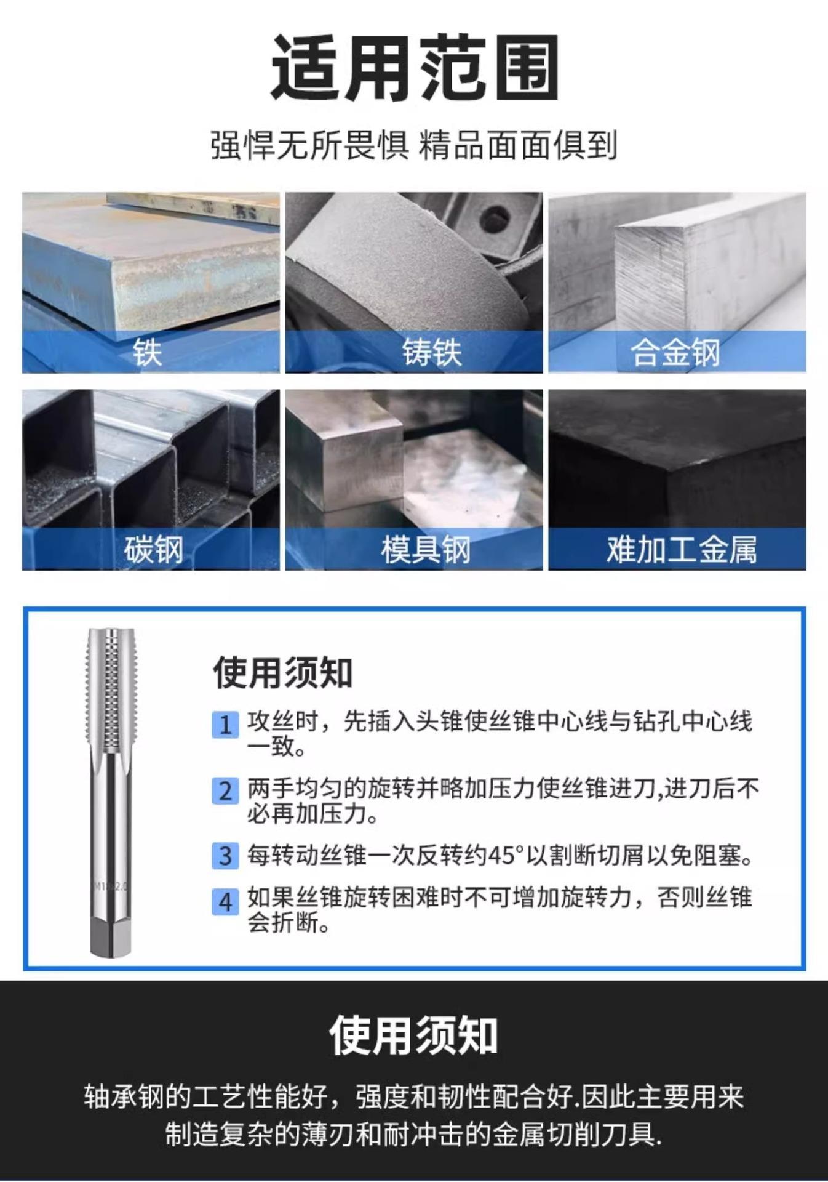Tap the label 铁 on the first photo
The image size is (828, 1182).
click(147, 353)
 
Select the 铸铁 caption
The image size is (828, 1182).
click(432, 353)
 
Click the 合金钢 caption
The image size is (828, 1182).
click(675, 353)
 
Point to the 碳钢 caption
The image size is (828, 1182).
click(153, 549)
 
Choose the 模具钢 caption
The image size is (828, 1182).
click(426, 549)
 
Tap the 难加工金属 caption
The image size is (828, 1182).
click(682, 549)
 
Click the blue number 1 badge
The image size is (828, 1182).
click(225, 725)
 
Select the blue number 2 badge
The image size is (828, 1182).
click(225, 790)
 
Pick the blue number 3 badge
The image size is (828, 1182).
click(225, 856)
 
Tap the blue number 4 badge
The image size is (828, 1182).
click(225, 902)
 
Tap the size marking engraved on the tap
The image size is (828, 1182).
click(111, 886)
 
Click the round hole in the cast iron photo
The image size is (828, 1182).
click(495, 218)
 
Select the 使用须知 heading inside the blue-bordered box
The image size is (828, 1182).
click(282, 672)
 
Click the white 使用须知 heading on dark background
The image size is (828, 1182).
click(413, 1035)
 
